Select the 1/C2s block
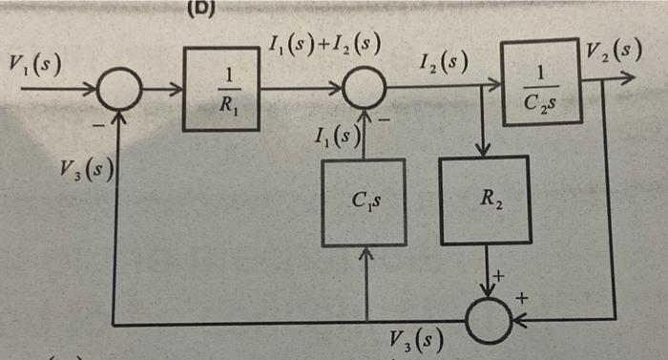click(x=541, y=82)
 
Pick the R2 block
click(x=486, y=201)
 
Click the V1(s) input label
click(x=33, y=65)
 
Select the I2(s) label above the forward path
click(x=443, y=66)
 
